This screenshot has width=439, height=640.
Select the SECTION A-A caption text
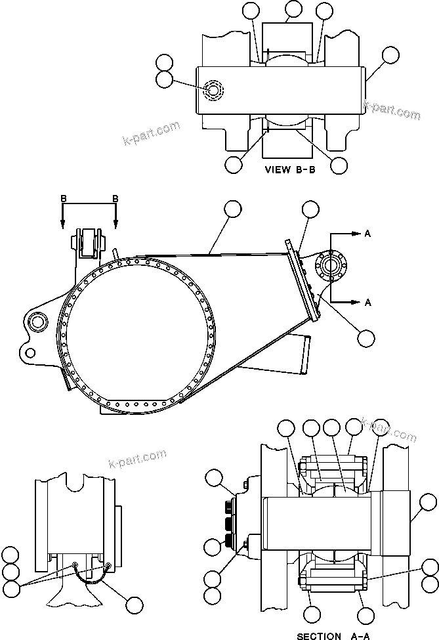click(328, 635)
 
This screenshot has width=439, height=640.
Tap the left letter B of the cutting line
click(63, 198)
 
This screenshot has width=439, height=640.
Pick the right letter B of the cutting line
click(115, 198)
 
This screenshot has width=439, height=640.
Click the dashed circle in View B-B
click(213, 90)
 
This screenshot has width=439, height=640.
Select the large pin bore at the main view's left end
click(37, 321)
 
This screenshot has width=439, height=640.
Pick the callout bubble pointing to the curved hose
click(135, 605)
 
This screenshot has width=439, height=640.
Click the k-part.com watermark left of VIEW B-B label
click(152, 133)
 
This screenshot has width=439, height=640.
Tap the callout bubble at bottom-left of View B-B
click(233, 164)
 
